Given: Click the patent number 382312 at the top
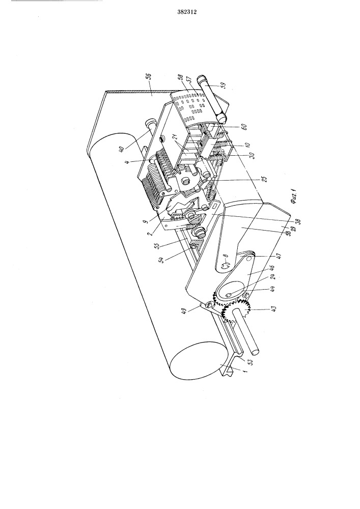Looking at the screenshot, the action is click(187, 12).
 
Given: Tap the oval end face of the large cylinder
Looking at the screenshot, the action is click(195, 360).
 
